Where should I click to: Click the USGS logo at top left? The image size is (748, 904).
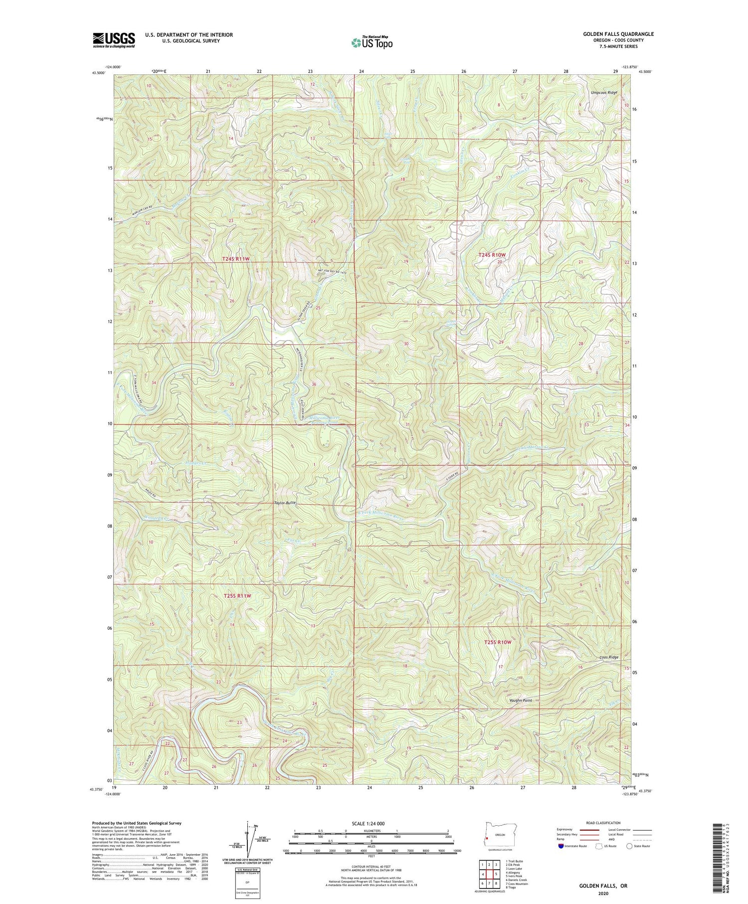click(x=114, y=40)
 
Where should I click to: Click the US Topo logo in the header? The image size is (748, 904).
click(x=372, y=43)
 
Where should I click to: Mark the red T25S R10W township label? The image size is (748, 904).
click(x=498, y=642)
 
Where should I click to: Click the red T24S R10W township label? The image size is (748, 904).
click(x=492, y=255)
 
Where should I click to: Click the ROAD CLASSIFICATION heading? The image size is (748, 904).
click(x=604, y=823)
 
